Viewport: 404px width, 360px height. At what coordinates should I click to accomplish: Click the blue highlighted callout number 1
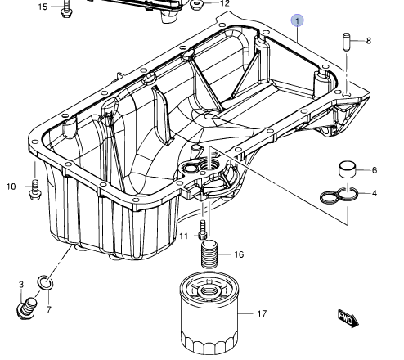click(x=299, y=20)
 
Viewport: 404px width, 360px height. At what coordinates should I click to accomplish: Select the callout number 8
click(x=369, y=40)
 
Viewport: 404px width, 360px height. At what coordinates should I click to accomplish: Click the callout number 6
click(x=375, y=170)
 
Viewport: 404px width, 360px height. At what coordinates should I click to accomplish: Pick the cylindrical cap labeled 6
click(x=348, y=171)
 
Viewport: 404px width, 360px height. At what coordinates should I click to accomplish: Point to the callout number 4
click(x=375, y=193)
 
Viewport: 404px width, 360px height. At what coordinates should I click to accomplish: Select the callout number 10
click(x=11, y=187)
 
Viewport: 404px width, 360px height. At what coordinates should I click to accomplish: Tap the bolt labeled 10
click(x=34, y=188)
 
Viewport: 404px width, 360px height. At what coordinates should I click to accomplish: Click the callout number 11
click(x=184, y=236)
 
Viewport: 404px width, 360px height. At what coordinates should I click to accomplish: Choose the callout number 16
click(x=239, y=255)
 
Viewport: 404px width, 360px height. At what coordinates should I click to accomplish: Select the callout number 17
click(x=262, y=313)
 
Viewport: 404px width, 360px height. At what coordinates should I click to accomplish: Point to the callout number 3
click(x=21, y=284)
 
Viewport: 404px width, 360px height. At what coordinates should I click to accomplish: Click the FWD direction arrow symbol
click(x=349, y=317)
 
